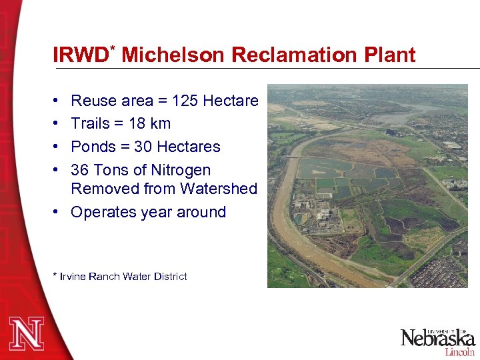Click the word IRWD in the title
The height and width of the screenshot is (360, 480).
[x=80, y=55]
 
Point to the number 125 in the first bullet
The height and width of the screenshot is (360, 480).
[x=185, y=101]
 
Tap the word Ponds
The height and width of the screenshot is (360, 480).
[x=92, y=147]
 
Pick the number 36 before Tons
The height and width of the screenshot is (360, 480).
[x=80, y=170]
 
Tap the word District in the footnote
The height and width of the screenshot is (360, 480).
[x=171, y=276]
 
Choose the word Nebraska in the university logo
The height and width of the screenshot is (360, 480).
[x=437, y=339]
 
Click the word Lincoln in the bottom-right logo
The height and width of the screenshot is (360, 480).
[x=459, y=351]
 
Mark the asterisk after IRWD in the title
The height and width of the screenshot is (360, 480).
[x=113, y=49]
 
